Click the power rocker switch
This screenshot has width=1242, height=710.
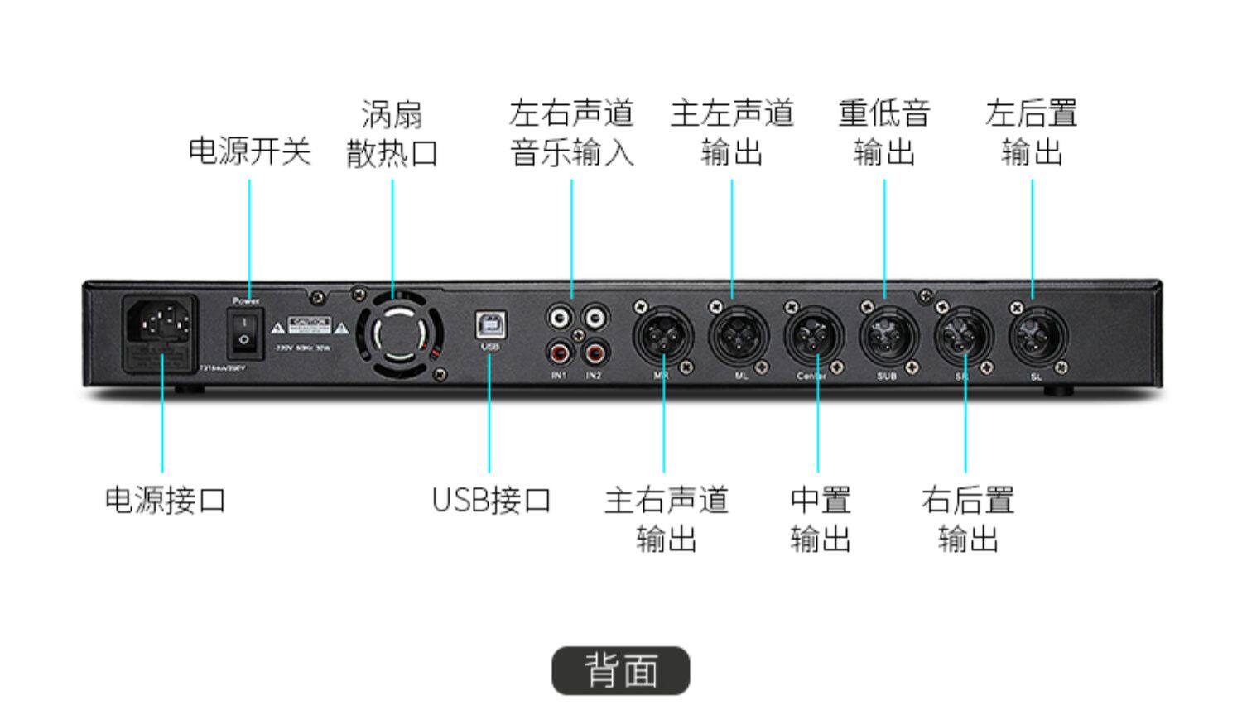(245, 333)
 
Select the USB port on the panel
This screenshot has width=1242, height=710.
(490, 325)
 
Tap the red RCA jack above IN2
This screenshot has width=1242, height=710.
(594, 354)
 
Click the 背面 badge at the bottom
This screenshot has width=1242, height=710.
(621, 670)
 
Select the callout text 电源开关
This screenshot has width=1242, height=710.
(249, 151)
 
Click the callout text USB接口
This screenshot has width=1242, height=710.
(492, 500)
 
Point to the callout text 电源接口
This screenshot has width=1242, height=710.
(166, 500)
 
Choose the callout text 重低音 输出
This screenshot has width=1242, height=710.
(884, 132)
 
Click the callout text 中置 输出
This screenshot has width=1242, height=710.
(820, 520)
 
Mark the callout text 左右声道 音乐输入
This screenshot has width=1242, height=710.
(571, 132)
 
